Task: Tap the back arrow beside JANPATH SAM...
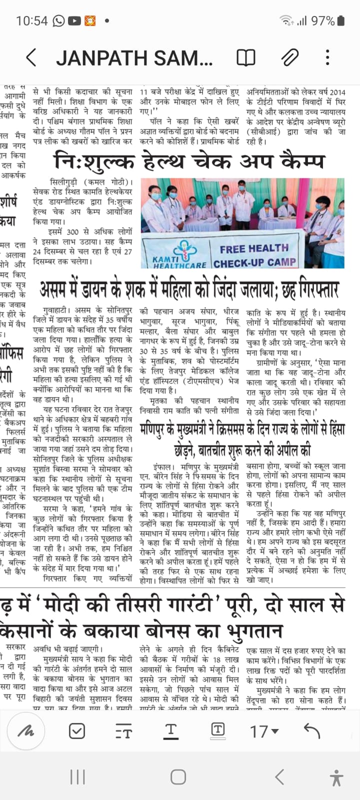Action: click(x=31, y=58)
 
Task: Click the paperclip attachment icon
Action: click(x=289, y=58)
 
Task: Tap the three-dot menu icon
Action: click(x=327, y=58)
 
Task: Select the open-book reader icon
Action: click(x=245, y=58)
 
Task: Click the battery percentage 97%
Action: click(x=322, y=21)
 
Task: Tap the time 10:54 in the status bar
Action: click(x=31, y=21)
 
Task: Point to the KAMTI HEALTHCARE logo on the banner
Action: click(x=179, y=255)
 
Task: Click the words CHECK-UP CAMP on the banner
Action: click(x=254, y=262)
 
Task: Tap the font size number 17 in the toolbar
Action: click(x=259, y=732)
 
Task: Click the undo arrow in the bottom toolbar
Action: click(x=311, y=731)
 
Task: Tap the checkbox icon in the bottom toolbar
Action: click(x=77, y=731)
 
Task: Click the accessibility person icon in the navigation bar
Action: click(x=336, y=777)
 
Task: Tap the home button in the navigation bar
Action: click(x=178, y=777)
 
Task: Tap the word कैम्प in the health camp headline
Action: click(x=302, y=161)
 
